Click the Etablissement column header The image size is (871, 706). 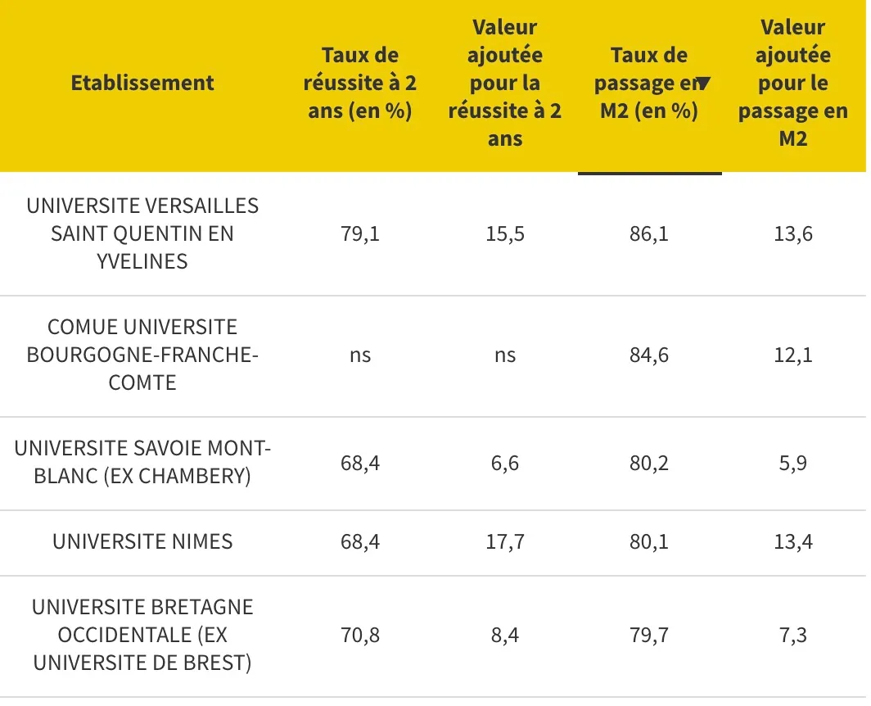click(x=142, y=83)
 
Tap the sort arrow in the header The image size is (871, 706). click(x=703, y=83)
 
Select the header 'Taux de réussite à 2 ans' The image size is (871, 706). click(x=359, y=83)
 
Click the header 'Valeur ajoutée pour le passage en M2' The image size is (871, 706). click(x=792, y=83)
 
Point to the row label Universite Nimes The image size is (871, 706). click(x=142, y=541)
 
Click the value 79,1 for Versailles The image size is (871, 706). click(x=359, y=234)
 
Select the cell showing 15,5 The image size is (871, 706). click(x=505, y=234)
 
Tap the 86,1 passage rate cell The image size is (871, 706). click(x=649, y=234)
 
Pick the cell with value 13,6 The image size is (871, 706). click(x=792, y=234)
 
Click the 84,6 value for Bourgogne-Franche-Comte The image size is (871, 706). click(x=649, y=355)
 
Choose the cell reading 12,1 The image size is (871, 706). click(x=792, y=355)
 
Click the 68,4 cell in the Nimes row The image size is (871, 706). click(x=359, y=541)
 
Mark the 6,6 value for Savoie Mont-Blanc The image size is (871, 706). click(x=505, y=463)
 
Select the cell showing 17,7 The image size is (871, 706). click(x=505, y=541)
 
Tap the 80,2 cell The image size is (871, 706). click(x=649, y=463)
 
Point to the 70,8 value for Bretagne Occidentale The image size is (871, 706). click(x=359, y=635)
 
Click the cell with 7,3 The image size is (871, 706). click(x=792, y=635)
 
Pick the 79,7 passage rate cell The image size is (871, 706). click(x=649, y=635)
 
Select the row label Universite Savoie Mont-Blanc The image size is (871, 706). click(x=142, y=462)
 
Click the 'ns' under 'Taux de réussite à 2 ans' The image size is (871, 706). click(x=359, y=355)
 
